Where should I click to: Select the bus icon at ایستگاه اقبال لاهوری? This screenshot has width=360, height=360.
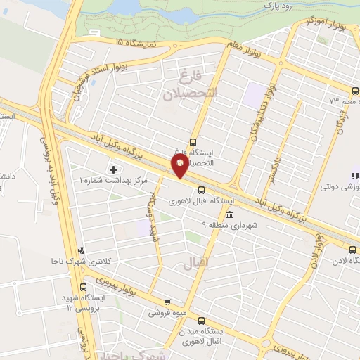pyautogui.click(x=202, y=189)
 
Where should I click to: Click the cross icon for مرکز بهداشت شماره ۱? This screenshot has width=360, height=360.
pyautogui.click(x=114, y=169)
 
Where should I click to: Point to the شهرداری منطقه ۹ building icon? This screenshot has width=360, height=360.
pyautogui.click(x=230, y=214)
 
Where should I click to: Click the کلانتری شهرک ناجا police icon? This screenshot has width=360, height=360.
pyautogui.click(x=81, y=250)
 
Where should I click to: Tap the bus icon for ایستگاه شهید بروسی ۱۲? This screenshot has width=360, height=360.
pyautogui.click(x=84, y=287)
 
